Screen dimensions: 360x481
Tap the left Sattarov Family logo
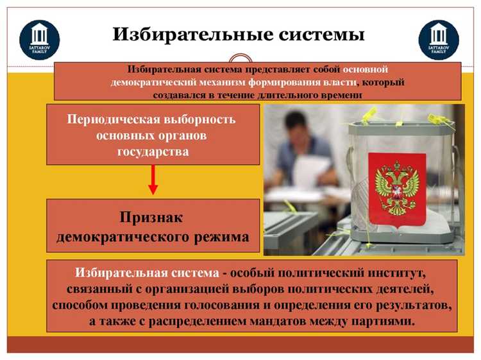pyautogui.click(x=40, y=39)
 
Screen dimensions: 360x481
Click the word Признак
pyautogui.click(x=153, y=218)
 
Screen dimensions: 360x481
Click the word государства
pyautogui.click(x=153, y=151)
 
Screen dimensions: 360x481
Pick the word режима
pyautogui.click(x=221, y=236)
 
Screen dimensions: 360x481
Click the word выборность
pyautogui.click(x=198, y=119)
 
